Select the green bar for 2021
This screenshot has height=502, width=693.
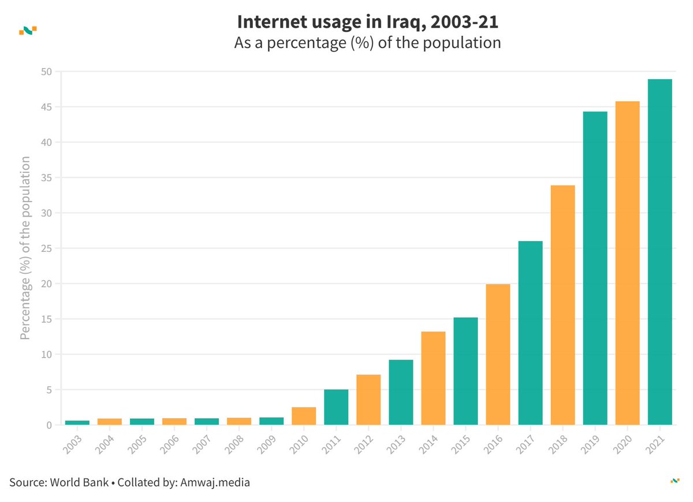(x=660, y=252)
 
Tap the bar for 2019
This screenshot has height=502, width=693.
(x=595, y=268)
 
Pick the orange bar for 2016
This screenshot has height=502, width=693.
(x=498, y=354)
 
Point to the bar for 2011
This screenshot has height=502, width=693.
(x=336, y=407)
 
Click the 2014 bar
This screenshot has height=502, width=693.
(x=433, y=378)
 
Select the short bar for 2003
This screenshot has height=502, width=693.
(x=77, y=423)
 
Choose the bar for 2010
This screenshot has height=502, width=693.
(x=304, y=416)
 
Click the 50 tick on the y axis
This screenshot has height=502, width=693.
(x=46, y=72)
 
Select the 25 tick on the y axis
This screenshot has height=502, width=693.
(x=46, y=248)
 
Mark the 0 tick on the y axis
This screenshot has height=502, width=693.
(x=49, y=425)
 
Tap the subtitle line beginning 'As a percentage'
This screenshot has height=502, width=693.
(x=367, y=43)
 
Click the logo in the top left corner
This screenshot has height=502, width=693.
(x=28, y=30)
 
